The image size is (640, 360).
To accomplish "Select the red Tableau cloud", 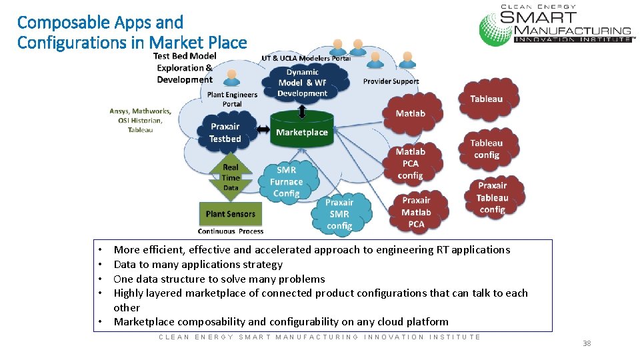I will pos(486,99).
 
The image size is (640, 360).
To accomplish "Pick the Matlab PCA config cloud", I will pos(410,163).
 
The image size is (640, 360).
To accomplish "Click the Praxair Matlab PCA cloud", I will pos(416,212).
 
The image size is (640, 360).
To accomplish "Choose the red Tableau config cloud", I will pos(486,149).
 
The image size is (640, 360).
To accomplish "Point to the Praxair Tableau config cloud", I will pos(492,197).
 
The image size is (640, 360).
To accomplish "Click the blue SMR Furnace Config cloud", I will pos(286,181).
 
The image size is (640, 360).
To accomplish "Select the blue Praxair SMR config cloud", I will pos(339,214).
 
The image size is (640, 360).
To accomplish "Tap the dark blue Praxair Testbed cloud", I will pos(225,132).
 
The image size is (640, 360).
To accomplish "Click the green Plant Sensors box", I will pos(230,214).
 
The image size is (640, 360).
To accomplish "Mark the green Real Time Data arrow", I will pos(231,177).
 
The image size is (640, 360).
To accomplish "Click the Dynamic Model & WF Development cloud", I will pos(302,82).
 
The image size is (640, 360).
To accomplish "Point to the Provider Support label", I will pos(391,81).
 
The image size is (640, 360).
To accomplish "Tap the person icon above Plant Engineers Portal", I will pos(232,78).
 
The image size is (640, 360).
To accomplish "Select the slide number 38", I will pos(586,343).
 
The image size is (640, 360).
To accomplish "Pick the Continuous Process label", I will pos(231,231).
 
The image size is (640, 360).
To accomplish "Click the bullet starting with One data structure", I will pos(219,279).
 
